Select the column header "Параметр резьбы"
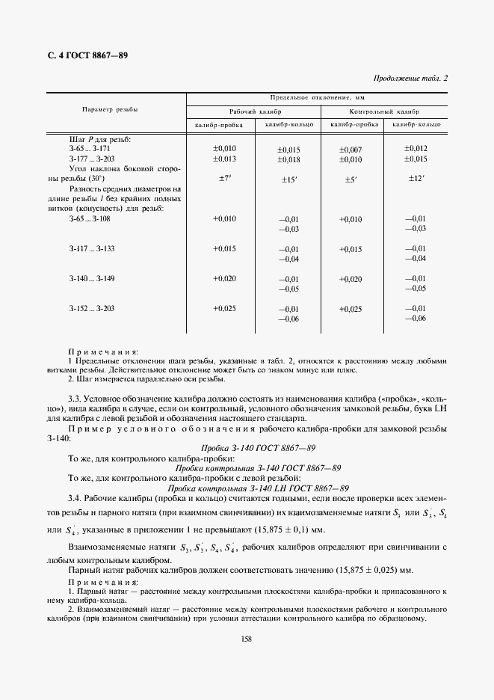click(109, 109)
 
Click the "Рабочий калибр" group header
click(254, 110)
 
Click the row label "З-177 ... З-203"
click(91, 159)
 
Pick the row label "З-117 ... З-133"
click(91, 248)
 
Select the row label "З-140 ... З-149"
click(91, 278)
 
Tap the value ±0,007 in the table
click(351, 150)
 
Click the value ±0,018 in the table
click(288, 160)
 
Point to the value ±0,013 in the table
click(224, 159)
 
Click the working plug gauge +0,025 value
click(224, 308)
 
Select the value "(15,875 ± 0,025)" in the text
click(375, 570)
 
